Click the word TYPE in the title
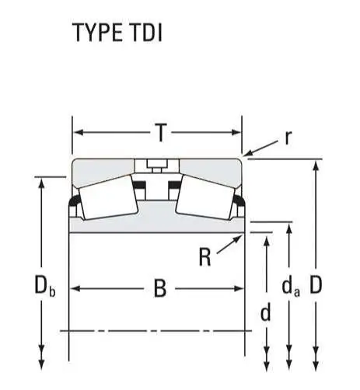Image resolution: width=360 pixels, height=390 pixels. coord(98,33)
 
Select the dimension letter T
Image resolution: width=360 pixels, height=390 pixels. coord(161,133)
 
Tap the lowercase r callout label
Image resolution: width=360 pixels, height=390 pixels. coord(288,138)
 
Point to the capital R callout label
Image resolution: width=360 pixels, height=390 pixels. coord(204,257)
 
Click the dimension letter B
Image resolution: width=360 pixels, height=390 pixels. coord(160,288)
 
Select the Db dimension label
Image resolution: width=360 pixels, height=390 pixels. coord(44,286)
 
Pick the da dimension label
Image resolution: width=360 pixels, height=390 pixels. coord(291,287)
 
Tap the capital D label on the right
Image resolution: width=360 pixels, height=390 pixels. coord(316,284)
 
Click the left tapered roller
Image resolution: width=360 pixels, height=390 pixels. coord(108,197)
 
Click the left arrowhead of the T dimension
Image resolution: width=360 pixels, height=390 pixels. coord(79,133)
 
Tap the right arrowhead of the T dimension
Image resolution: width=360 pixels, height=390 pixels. coord(236,133)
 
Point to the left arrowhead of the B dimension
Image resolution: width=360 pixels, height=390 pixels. coord(75,288)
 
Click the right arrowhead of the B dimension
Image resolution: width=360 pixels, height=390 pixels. coord(239,288)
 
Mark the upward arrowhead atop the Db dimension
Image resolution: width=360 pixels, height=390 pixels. coord(41,183)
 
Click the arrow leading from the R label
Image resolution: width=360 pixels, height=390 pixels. coord(229,244)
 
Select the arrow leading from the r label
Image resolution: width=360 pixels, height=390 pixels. coord(261,148)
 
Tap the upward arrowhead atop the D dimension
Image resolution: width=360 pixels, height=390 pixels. coord(316,165)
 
